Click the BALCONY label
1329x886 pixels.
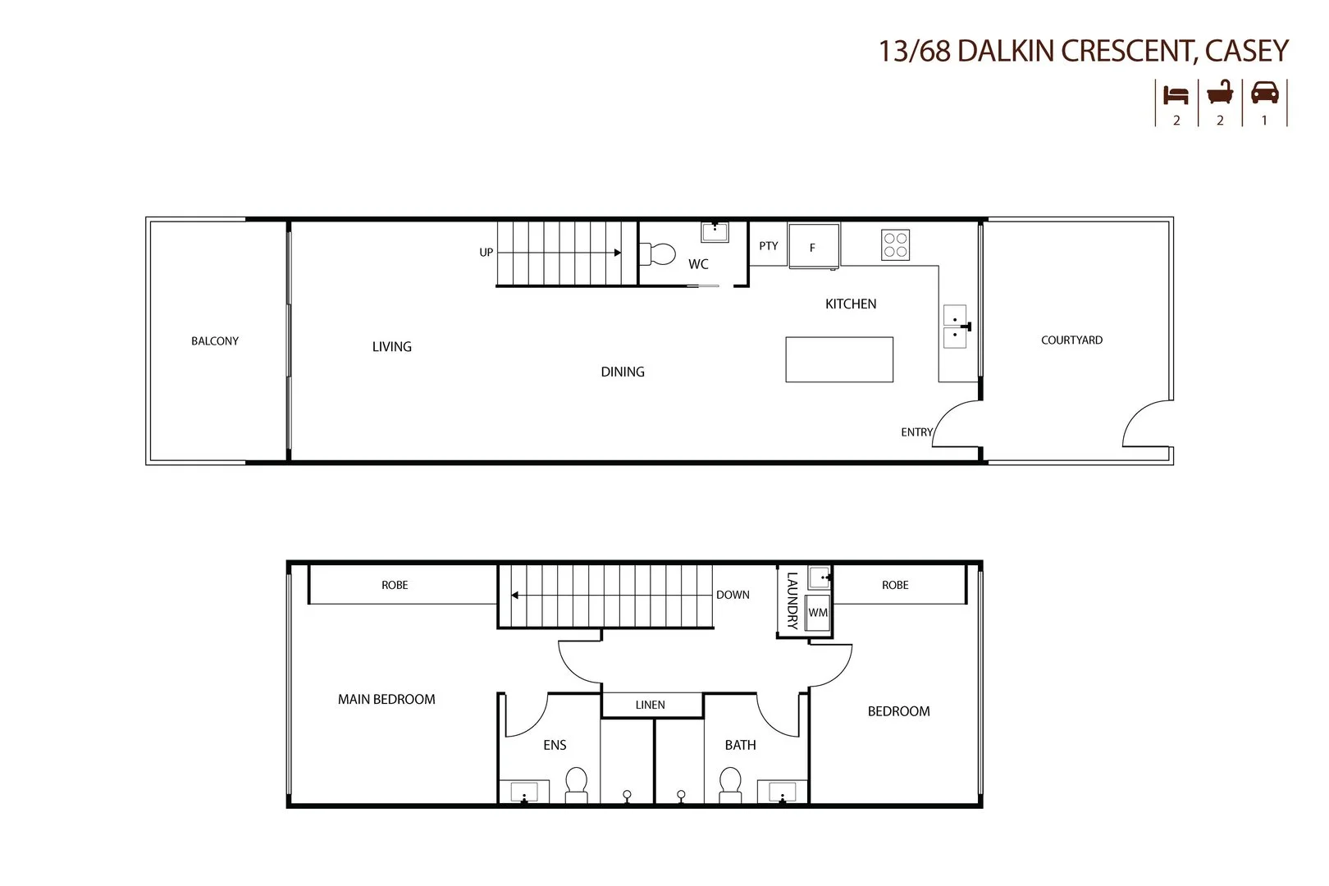click(x=215, y=341)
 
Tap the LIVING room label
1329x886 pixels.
click(x=392, y=347)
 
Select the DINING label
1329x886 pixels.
click(x=623, y=372)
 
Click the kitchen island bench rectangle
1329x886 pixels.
click(x=839, y=359)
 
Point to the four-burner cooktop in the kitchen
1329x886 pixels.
click(x=895, y=244)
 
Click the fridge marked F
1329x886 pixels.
click(x=813, y=246)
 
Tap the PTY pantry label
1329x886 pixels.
click(x=769, y=246)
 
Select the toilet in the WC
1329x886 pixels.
click(x=658, y=253)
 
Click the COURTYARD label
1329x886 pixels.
click(x=1071, y=340)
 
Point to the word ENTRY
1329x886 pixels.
click(x=916, y=432)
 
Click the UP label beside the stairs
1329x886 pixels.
click(x=486, y=253)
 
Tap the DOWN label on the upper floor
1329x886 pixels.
click(x=733, y=595)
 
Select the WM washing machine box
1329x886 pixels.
click(x=818, y=613)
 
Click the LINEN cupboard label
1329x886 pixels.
click(x=651, y=705)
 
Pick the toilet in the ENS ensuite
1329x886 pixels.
click(x=577, y=783)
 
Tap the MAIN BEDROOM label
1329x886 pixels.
click(x=386, y=700)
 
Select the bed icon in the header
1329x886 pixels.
click(x=1176, y=94)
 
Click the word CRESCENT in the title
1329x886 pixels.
click(x=1126, y=51)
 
